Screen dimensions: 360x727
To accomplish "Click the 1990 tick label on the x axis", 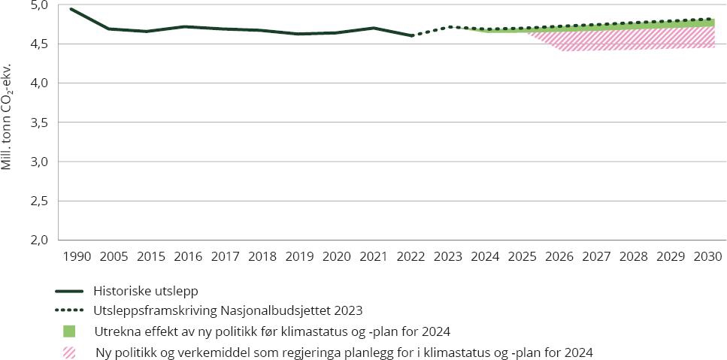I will (77, 256).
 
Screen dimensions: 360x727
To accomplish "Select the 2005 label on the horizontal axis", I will (114, 256).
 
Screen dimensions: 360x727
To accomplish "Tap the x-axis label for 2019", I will (299, 256).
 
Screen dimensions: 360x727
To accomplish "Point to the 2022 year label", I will (410, 256).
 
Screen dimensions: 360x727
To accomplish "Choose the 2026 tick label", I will (559, 256).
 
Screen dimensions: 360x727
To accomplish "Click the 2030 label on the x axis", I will (707, 256).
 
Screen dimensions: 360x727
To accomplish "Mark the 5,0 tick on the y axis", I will (40, 5).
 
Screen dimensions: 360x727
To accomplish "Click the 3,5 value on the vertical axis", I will (40, 123).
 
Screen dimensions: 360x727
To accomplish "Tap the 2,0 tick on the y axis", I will (40, 240).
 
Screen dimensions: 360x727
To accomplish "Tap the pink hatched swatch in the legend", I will (70, 352).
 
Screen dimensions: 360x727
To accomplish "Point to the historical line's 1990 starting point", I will (71, 9).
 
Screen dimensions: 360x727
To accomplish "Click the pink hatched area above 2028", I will (633, 39).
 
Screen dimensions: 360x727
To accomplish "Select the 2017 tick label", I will (226, 256).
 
